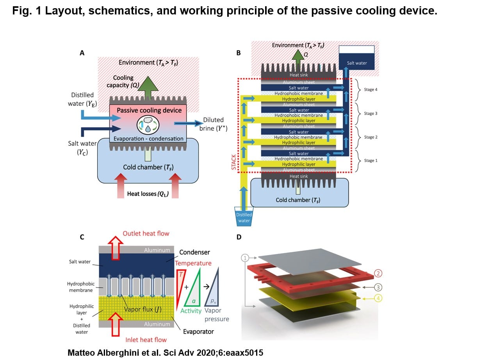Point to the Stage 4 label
[x=371, y=90]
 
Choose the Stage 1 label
[x=371, y=160]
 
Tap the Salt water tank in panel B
[x=356, y=59]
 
